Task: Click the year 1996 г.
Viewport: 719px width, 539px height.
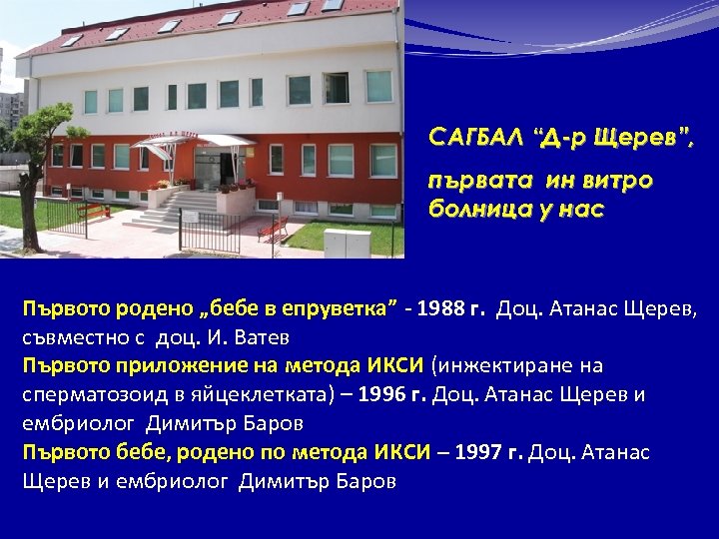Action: click(391, 394)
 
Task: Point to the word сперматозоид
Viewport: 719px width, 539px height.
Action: click(89, 394)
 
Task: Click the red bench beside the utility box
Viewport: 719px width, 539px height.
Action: click(273, 230)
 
